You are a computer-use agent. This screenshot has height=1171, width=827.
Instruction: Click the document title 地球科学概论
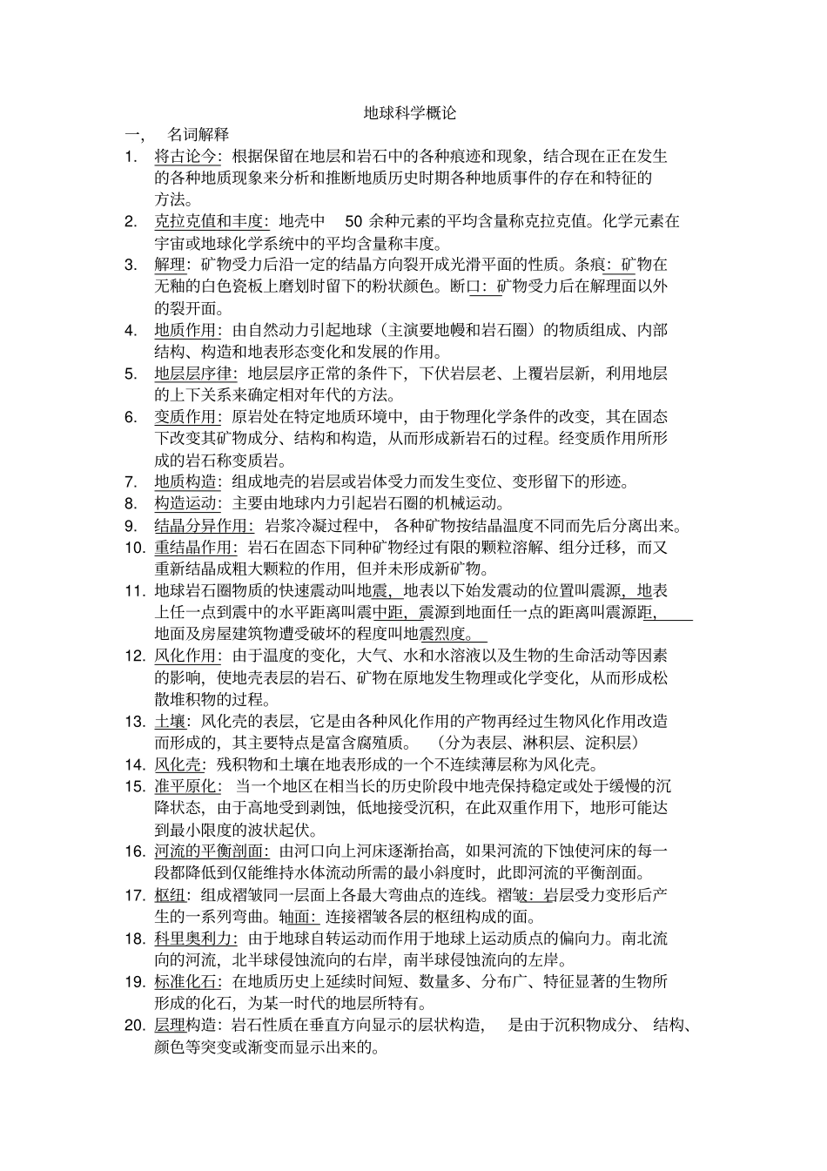[409, 114]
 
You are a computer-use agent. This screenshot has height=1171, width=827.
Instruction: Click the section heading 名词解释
[198, 135]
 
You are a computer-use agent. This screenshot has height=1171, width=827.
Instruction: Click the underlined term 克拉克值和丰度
[208, 221]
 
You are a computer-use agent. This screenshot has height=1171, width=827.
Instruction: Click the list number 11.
[134, 591]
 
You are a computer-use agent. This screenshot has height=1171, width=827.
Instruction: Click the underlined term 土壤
[169, 721]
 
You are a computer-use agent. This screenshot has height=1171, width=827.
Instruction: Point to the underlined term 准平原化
[185, 786]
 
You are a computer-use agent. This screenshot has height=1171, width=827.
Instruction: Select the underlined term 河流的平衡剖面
[208, 851]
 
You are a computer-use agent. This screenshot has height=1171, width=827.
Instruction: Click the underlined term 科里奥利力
[192, 939]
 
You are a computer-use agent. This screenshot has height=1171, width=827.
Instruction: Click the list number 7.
[131, 482]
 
